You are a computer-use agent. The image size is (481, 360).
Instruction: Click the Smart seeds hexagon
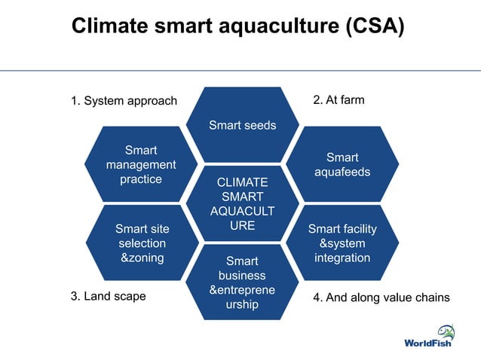pos(242,125)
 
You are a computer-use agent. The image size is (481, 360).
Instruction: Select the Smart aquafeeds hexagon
pos(342,165)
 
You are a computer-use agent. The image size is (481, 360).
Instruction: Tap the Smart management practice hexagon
pos(141,165)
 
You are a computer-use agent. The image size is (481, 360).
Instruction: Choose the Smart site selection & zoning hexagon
pos(142,243)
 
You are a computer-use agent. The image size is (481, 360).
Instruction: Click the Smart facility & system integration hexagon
pos(342,243)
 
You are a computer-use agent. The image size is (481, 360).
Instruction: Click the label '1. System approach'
pos(124,101)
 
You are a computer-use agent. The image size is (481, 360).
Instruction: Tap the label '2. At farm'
pos(338,99)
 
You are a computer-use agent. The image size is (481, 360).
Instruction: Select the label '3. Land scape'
pos(108,297)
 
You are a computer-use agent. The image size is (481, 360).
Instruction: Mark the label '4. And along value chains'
pos(381,297)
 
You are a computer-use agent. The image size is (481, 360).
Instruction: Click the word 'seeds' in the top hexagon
pos(259,125)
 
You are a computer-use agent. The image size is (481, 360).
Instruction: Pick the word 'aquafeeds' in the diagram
pos(342,172)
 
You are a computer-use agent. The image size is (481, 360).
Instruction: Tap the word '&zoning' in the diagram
pos(142,258)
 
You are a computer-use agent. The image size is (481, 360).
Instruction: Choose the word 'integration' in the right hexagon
pos(342,258)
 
